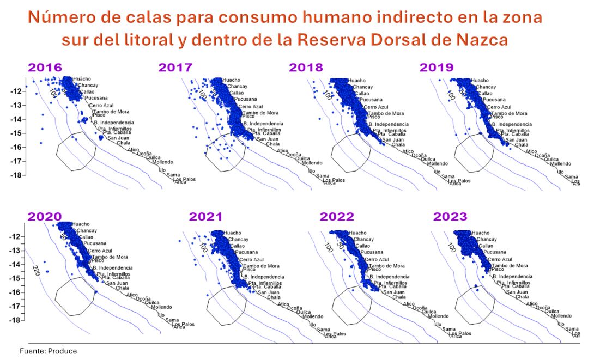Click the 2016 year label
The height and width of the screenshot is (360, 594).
click(45, 68)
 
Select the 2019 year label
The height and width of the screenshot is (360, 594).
click(437, 68)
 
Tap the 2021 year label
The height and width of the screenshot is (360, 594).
click(205, 217)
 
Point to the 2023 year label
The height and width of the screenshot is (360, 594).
click(450, 217)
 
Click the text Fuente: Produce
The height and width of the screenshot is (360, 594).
click(49, 351)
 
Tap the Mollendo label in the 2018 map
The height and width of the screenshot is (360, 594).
click(437, 163)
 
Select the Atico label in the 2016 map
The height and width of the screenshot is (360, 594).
click(134, 150)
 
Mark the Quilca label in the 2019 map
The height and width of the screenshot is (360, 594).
click(553, 159)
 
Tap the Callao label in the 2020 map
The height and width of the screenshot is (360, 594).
click(86, 237)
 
